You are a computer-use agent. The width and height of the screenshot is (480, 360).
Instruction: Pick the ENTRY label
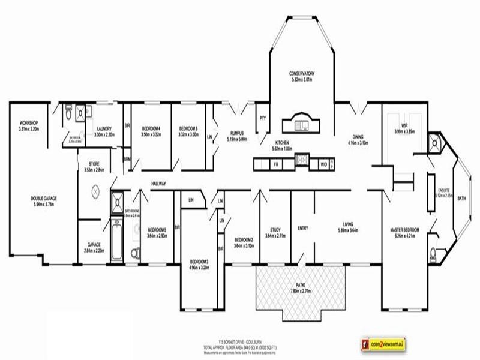coord(302,228)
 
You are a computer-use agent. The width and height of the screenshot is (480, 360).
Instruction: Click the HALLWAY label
coord(158,184)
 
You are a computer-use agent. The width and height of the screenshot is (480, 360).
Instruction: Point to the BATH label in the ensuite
coord(461,199)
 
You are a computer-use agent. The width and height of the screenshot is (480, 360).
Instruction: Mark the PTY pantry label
coord(262,118)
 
